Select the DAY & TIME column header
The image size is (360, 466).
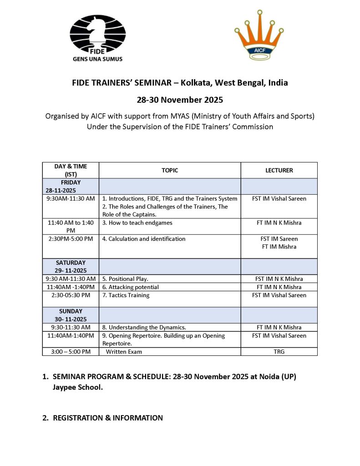tap(71, 170)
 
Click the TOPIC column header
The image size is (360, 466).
tap(170, 170)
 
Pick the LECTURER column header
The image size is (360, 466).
tap(279, 170)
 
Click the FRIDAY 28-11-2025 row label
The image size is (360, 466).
tap(71, 186)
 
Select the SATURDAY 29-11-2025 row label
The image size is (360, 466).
tap(71, 267)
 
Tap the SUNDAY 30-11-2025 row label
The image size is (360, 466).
tap(71, 315)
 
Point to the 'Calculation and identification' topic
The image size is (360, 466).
tap(143, 238)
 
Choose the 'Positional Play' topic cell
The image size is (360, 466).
tap(125, 279)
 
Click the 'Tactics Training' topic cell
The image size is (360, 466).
tap(126, 295)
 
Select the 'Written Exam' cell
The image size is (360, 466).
tap(124, 351)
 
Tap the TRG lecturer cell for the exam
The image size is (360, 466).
tap(279, 351)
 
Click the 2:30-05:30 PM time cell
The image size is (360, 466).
tap(71, 295)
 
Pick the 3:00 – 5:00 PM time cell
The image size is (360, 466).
tap(71, 351)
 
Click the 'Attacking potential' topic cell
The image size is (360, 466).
tap(130, 287)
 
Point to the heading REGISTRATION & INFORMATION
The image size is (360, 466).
tap(108, 417)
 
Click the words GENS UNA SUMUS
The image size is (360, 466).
tap(97, 59)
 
